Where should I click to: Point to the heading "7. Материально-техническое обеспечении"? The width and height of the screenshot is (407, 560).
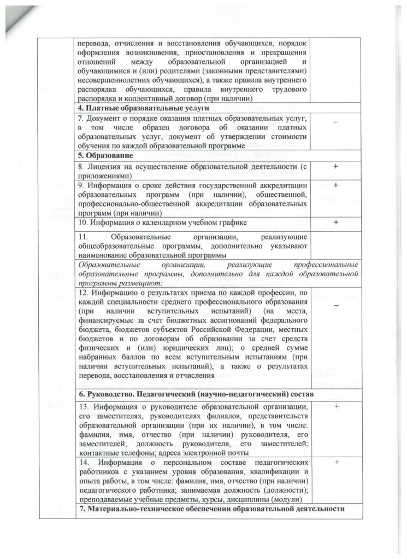tap(211, 509)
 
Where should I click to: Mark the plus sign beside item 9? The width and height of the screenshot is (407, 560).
tap(336, 185)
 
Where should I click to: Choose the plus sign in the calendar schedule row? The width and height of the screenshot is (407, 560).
tap(336, 223)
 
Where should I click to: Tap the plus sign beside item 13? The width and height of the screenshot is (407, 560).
tap(336, 406)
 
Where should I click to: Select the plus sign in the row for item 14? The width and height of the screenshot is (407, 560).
tap(336, 463)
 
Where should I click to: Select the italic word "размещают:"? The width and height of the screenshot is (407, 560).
tap(141, 283)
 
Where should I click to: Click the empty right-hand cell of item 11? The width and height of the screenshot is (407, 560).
tap(336, 246)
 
